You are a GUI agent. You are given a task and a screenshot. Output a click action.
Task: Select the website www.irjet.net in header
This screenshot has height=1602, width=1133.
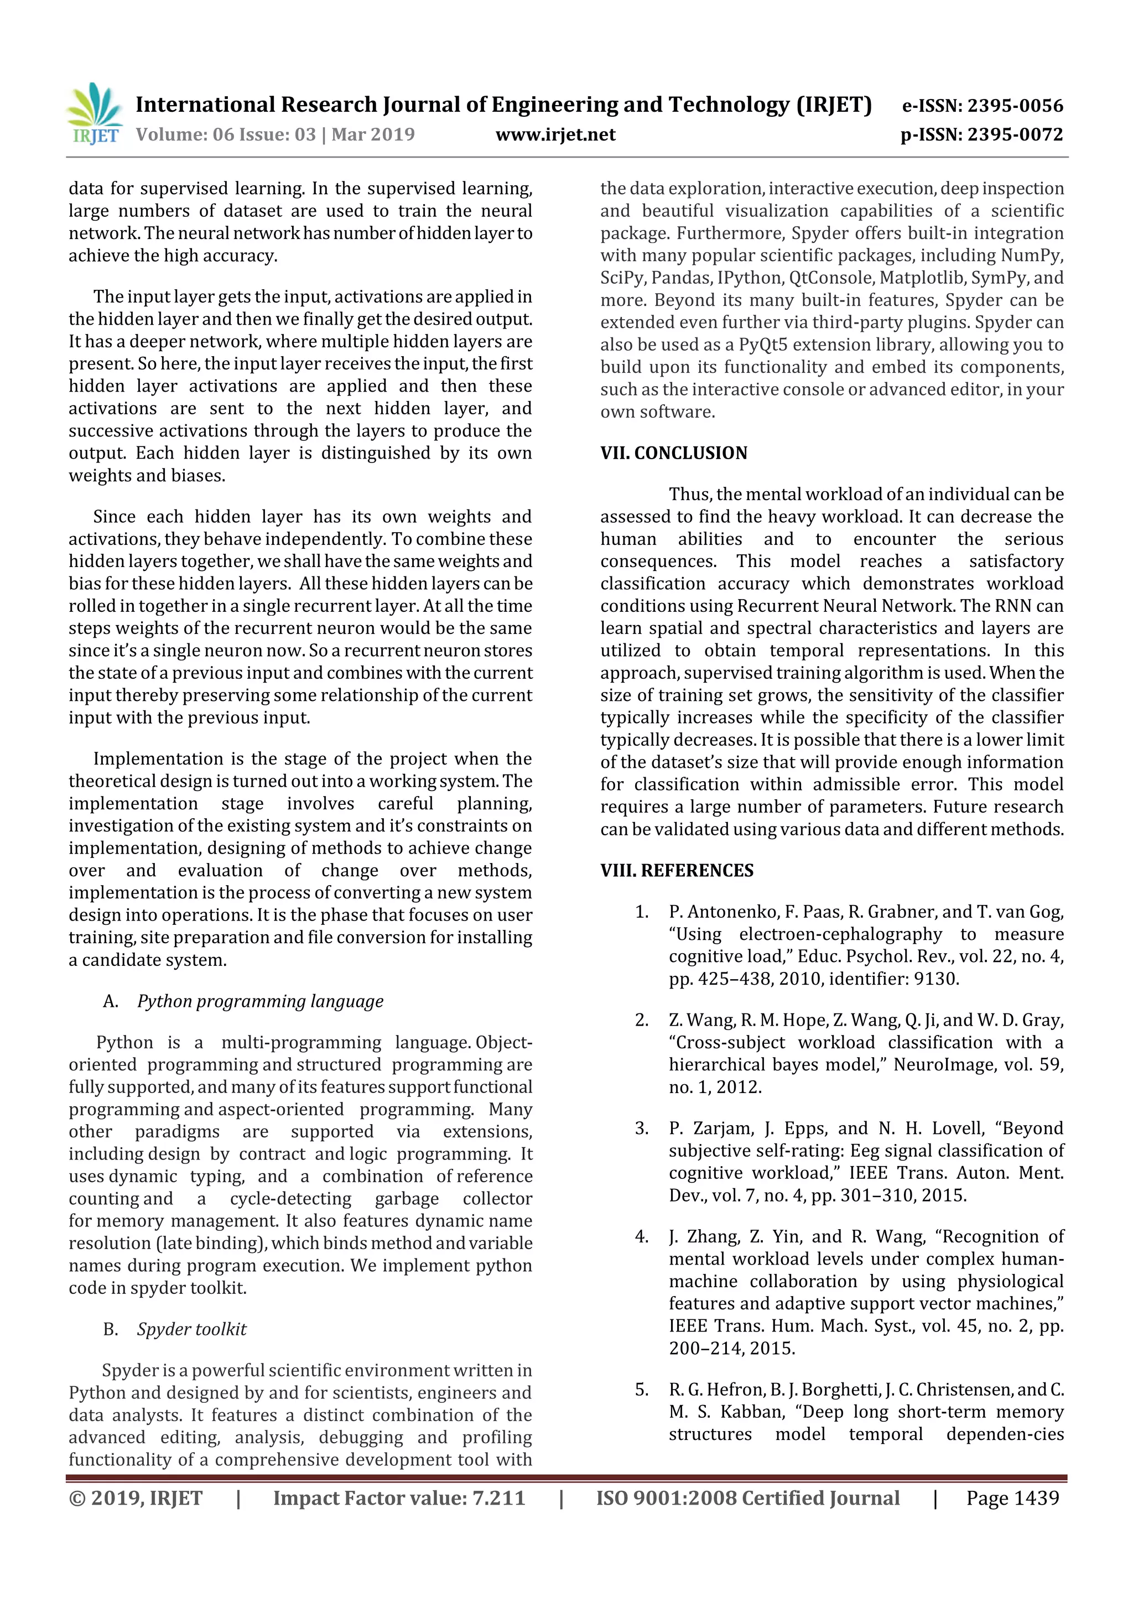(x=555, y=134)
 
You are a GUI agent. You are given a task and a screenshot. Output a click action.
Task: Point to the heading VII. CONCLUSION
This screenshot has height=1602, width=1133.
(x=673, y=453)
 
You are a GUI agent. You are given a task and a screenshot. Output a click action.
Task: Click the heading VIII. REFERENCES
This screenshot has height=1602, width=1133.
(x=677, y=870)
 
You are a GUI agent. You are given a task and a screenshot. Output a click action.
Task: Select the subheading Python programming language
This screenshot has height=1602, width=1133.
(x=259, y=1001)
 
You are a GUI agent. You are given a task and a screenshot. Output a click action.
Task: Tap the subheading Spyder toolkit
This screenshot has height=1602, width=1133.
(x=191, y=1329)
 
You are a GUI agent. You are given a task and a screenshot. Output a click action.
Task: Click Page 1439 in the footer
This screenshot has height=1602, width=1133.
(x=1012, y=1498)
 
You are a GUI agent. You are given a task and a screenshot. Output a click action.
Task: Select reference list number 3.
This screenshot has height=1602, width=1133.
(x=641, y=1128)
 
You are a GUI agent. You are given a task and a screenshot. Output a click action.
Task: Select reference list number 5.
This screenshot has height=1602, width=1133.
(x=641, y=1389)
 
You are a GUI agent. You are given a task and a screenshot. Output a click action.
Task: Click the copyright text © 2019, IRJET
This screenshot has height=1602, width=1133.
(x=136, y=1498)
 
